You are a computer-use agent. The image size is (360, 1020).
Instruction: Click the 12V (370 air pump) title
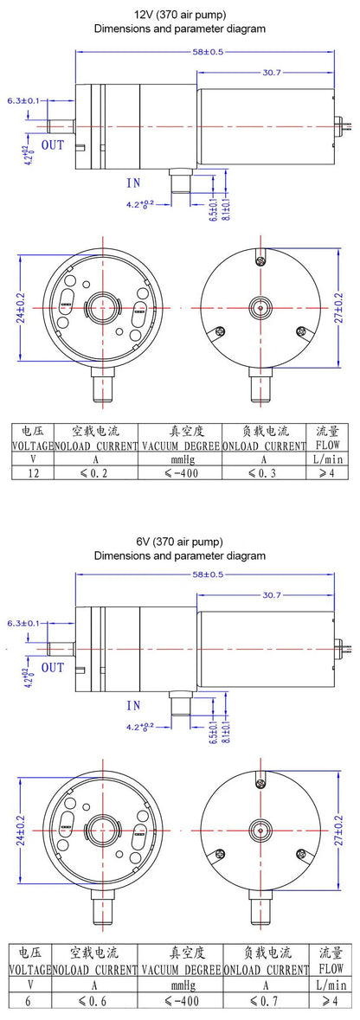pos(180,15)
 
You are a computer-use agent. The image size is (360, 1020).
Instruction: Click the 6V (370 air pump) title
pos(180,542)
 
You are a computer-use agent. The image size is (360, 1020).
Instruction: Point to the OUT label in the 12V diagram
pos(53,144)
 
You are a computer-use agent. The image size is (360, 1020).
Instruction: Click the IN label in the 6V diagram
pos(132,705)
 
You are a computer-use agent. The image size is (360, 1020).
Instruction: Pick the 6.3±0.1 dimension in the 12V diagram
pos(23,101)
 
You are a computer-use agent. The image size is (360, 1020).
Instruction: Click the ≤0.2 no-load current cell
pos(93,473)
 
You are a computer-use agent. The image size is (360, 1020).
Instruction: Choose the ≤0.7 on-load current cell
pos(264,1001)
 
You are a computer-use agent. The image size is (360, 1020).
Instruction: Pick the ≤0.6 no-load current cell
pos(93,1001)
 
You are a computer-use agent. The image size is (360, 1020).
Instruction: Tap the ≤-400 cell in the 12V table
pos(180,473)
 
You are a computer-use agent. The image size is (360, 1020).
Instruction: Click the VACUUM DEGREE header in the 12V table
pos(180,446)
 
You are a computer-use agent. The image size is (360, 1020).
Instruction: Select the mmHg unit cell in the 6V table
pos(180,985)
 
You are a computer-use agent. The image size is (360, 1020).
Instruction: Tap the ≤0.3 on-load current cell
pos(264,473)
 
